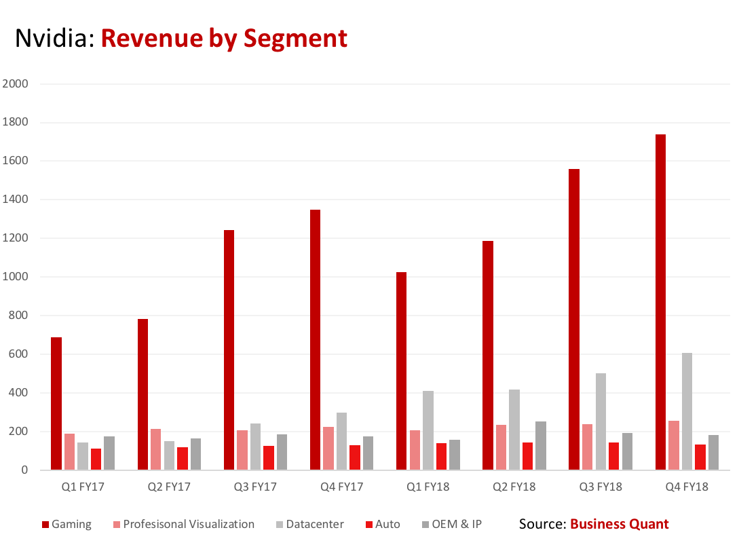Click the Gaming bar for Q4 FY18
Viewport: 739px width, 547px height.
(660, 302)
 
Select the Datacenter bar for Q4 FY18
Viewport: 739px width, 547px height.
(687, 411)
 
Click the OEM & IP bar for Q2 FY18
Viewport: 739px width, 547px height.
(540, 445)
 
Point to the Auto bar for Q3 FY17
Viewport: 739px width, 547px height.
(269, 457)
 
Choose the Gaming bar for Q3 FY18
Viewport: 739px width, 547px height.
(574, 319)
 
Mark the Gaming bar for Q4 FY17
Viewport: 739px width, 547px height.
(315, 339)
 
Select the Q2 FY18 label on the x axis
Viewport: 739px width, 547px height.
(514, 487)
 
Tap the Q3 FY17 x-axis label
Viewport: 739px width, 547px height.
(255, 487)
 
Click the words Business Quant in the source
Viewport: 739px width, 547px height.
(619, 524)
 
